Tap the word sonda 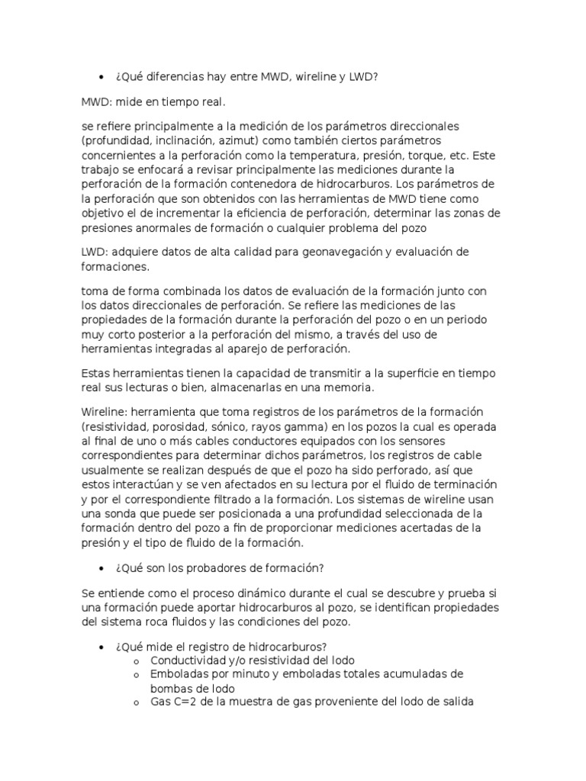116,514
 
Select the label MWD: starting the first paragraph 98,101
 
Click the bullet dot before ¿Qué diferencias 101,76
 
